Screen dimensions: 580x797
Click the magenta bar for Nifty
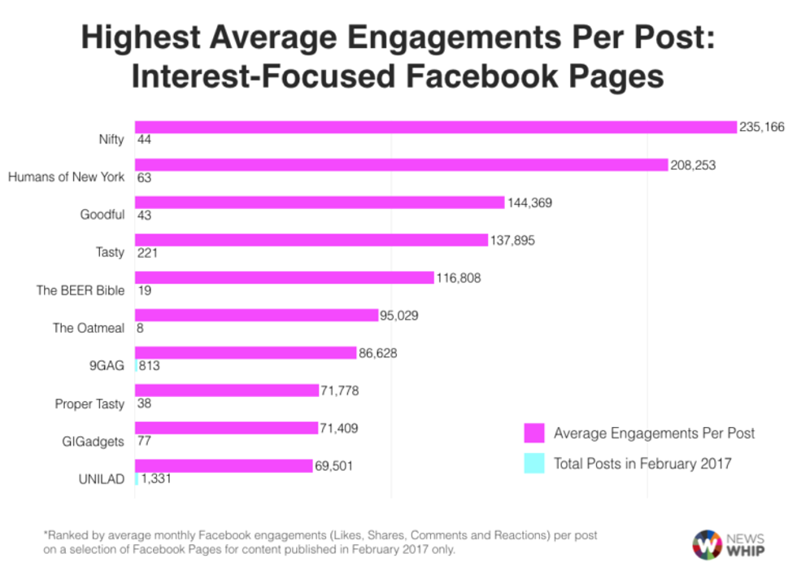coord(435,127)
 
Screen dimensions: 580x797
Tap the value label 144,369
coord(529,203)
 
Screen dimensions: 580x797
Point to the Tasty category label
coord(110,252)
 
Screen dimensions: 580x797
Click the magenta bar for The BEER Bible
coord(284,277)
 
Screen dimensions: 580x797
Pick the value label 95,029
coord(404,315)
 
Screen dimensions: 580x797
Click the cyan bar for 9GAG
coord(136,366)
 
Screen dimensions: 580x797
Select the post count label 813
coord(149,366)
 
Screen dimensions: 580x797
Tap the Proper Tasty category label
coord(89,403)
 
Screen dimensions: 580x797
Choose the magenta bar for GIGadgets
coord(226,428)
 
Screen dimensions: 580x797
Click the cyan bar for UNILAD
coord(136,479)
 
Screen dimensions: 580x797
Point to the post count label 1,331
coord(156,479)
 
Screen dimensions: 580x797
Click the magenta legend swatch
coord(534,433)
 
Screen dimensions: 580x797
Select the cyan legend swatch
coord(534,464)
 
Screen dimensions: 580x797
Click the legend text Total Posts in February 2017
coord(642,464)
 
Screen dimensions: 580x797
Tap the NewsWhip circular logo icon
coord(707,544)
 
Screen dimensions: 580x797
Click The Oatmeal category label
coord(89,328)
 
